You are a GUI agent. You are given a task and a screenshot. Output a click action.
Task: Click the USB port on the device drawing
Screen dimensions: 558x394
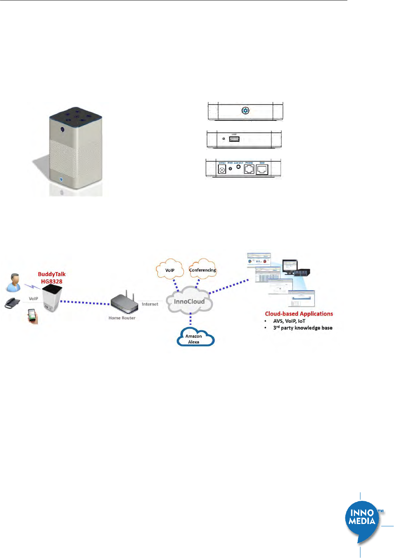point(234,139)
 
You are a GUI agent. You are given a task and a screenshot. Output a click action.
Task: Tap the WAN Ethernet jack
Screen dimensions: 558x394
point(262,170)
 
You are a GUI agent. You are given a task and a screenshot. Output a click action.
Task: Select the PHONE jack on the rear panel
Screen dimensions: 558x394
point(249,169)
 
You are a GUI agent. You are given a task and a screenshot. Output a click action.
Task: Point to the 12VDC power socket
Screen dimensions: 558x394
point(222,170)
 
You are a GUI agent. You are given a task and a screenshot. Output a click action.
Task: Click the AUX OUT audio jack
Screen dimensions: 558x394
point(238,168)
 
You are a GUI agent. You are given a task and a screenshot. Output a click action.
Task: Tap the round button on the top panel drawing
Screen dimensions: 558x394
point(245,111)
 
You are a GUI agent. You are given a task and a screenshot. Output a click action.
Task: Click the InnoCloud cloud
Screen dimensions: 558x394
point(189,302)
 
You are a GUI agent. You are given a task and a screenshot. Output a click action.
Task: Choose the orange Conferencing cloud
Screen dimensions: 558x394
point(203,269)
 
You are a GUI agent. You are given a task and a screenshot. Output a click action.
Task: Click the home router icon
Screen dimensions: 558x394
point(125,303)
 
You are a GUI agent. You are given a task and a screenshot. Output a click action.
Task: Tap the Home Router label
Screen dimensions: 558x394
point(122,318)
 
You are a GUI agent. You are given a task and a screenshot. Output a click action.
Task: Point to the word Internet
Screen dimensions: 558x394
point(150,304)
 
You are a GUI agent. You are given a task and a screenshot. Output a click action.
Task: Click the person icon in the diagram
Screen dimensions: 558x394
point(14,282)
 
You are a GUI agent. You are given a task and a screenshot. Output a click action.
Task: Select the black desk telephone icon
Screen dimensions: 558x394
point(12,302)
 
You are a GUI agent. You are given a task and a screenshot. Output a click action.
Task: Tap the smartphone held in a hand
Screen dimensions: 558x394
point(32,316)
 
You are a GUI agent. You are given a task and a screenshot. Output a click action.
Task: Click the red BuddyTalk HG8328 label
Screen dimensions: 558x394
point(52,278)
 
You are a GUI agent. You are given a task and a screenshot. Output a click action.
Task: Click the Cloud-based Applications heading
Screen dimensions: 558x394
point(299,314)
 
